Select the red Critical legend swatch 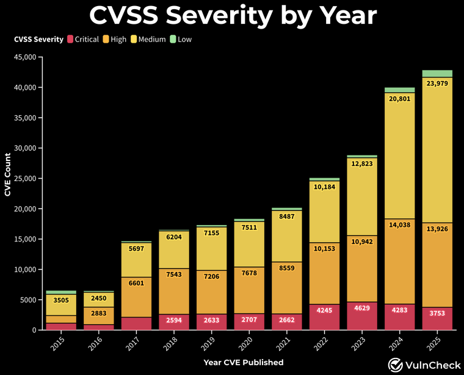click(71, 40)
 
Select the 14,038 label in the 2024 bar click(400, 224)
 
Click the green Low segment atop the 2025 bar click(437, 73)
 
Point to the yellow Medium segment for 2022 click(324, 220)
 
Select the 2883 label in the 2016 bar click(99, 313)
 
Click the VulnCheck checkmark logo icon click(396, 364)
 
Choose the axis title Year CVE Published click(244, 362)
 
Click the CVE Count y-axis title click(8, 174)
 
